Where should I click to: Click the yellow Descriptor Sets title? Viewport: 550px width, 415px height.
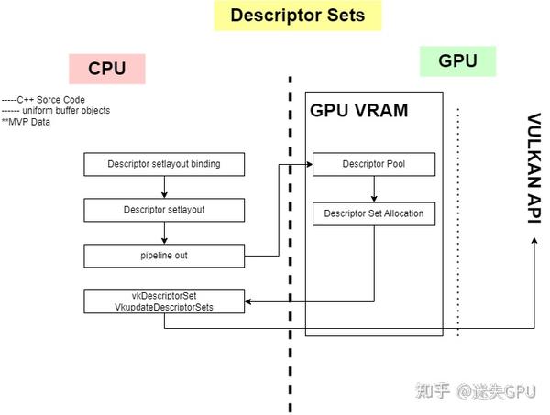pyautogui.click(x=297, y=16)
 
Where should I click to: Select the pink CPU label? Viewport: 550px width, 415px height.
pyautogui.click(x=106, y=69)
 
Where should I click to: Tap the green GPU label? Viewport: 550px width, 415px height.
pyautogui.click(x=456, y=61)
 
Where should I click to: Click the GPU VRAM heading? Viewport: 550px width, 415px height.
pyautogui.click(x=358, y=110)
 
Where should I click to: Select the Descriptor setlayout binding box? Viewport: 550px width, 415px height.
pyautogui.click(x=164, y=165)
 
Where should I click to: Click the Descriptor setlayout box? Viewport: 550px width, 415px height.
pyautogui.click(x=164, y=210)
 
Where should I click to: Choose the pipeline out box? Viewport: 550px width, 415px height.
pyautogui.click(x=164, y=256)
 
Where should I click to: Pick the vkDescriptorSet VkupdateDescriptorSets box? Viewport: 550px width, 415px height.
pyautogui.click(x=164, y=301)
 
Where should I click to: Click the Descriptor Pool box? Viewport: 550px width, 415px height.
pyautogui.click(x=373, y=165)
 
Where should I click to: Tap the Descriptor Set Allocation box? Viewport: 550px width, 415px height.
pyautogui.click(x=373, y=214)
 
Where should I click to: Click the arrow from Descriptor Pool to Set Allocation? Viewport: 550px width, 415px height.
pyautogui.click(x=373, y=190)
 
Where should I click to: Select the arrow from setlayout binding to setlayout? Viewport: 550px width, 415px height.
pyautogui.click(x=164, y=188)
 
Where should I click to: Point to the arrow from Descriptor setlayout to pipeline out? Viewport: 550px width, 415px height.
pyautogui.click(x=164, y=233)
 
